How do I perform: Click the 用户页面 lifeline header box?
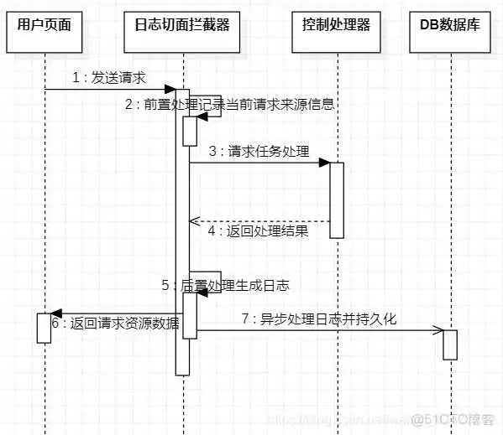pyautogui.click(x=45, y=23)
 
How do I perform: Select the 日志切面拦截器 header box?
pyautogui.click(x=182, y=23)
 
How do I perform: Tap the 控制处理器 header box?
pyautogui.click(x=336, y=23)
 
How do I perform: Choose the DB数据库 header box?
pyautogui.click(x=450, y=23)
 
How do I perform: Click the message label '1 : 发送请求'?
pyautogui.click(x=109, y=78)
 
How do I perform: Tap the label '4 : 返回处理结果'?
pyautogui.click(x=258, y=231)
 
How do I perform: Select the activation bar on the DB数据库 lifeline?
pyautogui.click(x=450, y=344)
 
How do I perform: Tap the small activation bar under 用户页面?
pyautogui.click(x=45, y=327)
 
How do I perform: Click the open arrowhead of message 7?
pyautogui.click(x=438, y=330)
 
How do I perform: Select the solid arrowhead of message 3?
pyautogui.click(x=324, y=163)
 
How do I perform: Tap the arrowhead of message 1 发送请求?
pyautogui.click(x=170, y=89)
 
